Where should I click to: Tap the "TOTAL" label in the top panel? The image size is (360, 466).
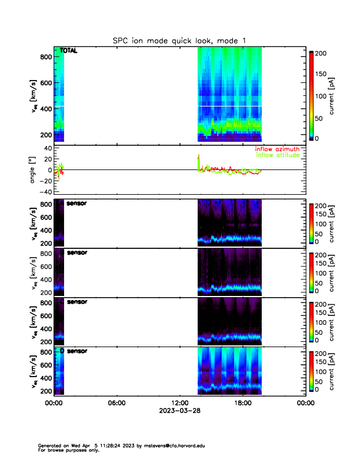[68, 51]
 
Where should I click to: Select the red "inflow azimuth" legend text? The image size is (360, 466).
[277, 149]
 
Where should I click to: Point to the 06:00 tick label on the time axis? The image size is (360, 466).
[116, 403]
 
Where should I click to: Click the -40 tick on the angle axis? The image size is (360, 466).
[45, 192]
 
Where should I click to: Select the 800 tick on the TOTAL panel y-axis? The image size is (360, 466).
[45, 56]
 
